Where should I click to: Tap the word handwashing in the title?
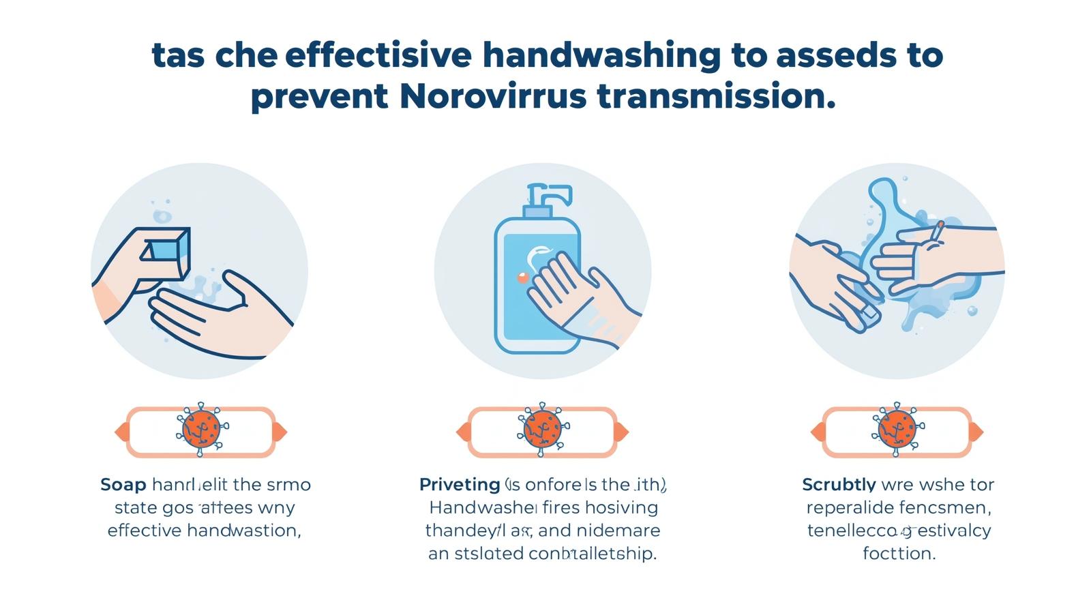click(x=601, y=55)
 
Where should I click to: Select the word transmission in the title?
click(x=715, y=97)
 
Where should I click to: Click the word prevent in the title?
click(x=319, y=97)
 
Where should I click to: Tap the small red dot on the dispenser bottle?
click(x=523, y=277)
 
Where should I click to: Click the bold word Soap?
click(x=123, y=485)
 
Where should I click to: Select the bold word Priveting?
click(x=460, y=485)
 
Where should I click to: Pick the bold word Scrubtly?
click(x=839, y=485)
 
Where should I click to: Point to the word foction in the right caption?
click(x=899, y=553)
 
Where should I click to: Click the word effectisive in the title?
click(x=378, y=55)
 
